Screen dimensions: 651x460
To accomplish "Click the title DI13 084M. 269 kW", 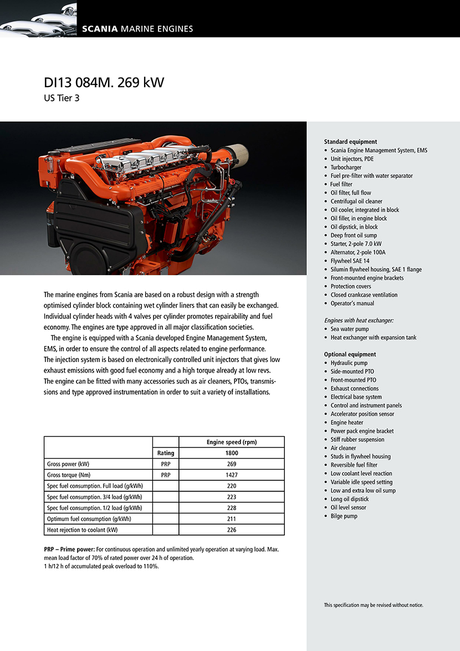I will point(104,83).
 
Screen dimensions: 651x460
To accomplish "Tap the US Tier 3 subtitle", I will point(62,99).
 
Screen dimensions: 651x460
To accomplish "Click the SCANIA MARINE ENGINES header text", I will point(137,29).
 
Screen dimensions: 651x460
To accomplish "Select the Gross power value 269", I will point(232,464).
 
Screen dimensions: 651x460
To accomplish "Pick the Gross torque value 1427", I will point(232,475).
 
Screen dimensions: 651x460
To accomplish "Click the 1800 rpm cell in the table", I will point(232,453).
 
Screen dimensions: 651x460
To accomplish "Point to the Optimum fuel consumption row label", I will point(89,518).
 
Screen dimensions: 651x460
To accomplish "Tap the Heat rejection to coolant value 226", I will point(232,530).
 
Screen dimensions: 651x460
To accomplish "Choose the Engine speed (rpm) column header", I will point(232,442).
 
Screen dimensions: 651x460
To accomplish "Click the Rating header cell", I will point(166,453).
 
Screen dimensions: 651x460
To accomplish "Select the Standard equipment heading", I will point(350,141).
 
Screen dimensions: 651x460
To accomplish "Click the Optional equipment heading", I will point(350,354).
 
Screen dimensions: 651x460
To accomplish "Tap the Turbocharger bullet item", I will point(346,167).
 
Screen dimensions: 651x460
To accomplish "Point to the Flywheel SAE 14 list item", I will point(350,261).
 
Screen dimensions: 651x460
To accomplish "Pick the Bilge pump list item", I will point(344,516).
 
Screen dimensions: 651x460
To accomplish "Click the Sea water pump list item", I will point(349,329).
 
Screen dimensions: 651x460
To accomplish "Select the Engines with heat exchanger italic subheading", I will point(359,321).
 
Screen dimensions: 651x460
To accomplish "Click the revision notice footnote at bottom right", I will point(374,605).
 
